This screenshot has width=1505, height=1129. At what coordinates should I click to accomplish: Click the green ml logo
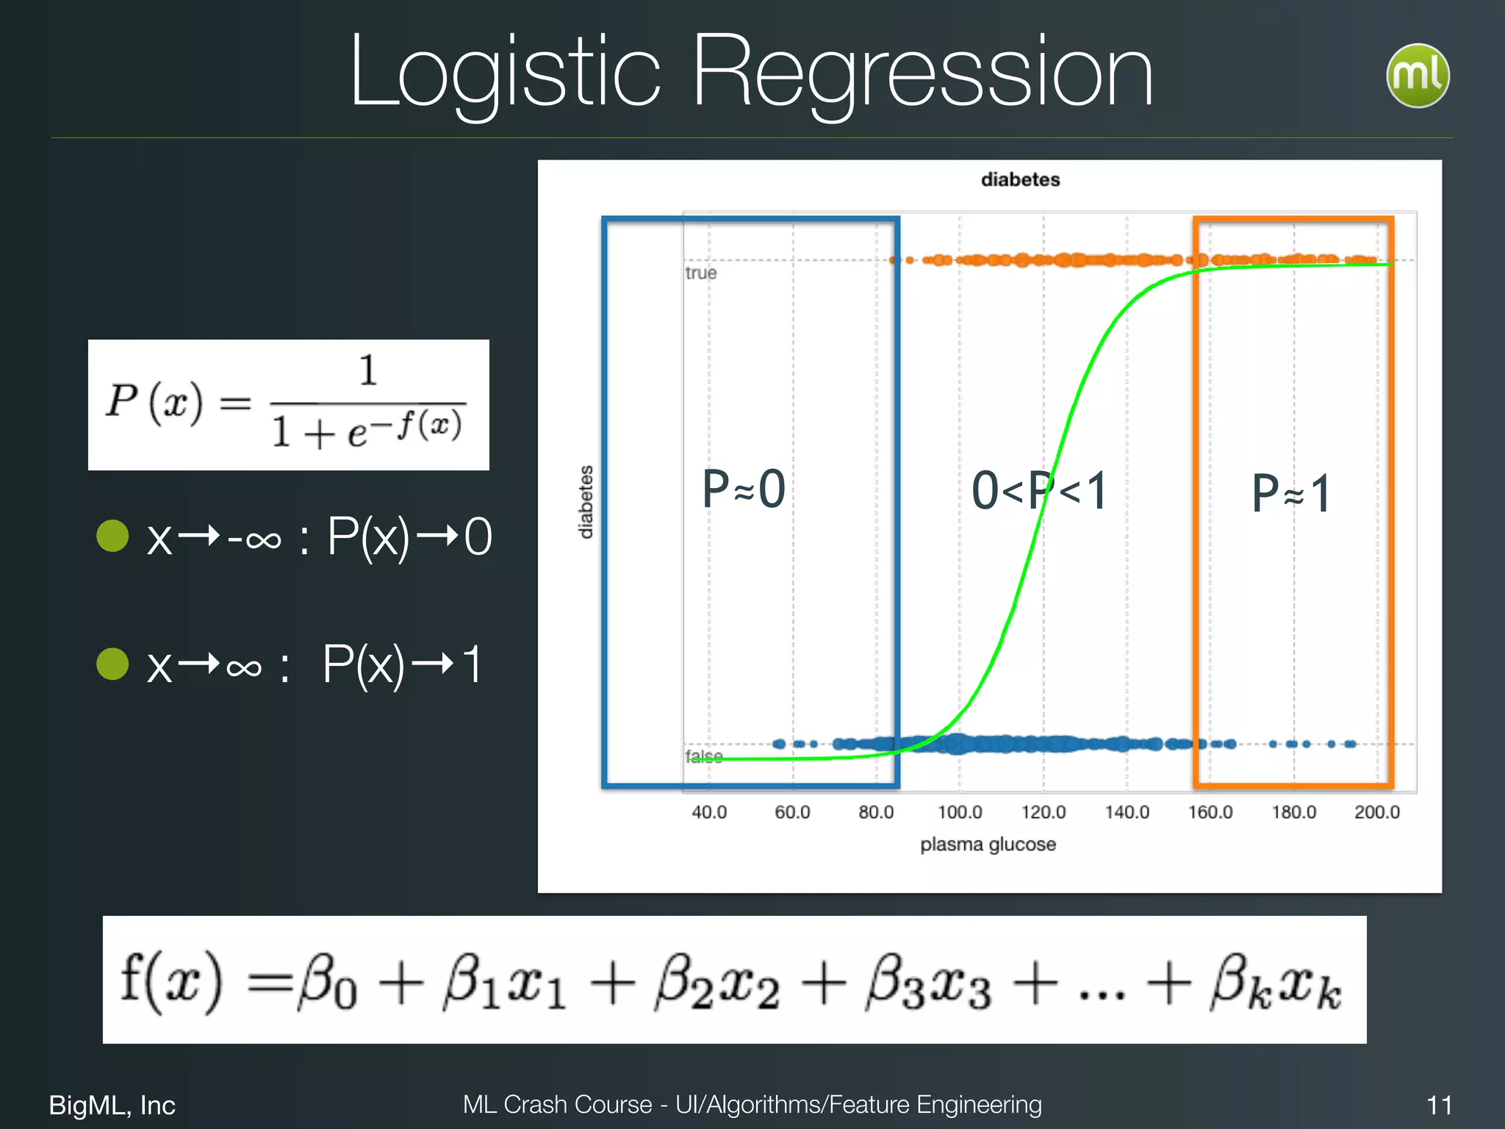(1418, 76)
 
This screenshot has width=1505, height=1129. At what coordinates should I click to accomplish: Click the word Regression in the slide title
(922, 74)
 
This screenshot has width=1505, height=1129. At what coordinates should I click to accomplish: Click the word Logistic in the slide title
(506, 74)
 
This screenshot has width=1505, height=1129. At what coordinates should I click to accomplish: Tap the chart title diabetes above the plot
(1020, 179)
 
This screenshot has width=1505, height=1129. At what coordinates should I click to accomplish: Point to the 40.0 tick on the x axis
(709, 812)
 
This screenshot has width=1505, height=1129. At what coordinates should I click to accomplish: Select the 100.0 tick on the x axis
(960, 812)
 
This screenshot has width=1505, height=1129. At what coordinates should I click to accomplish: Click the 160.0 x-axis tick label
(1210, 812)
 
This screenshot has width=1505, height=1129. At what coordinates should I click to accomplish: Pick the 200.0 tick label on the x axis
(1377, 812)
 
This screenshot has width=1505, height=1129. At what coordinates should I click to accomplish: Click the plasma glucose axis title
(988, 845)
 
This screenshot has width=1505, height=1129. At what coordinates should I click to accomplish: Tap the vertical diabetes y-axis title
(586, 502)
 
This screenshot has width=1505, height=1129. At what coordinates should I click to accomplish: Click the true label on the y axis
(700, 273)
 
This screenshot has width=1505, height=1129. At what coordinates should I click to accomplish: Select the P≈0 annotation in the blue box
(744, 489)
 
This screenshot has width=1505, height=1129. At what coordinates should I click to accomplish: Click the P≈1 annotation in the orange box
(1291, 493)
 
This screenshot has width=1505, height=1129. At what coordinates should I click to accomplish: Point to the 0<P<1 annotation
(1039, 491)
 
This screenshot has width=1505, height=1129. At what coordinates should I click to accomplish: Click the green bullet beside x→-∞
(113, 536)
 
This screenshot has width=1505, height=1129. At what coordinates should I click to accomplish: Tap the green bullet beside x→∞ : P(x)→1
(113, 664)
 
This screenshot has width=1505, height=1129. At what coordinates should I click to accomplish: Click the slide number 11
(1439, 1105)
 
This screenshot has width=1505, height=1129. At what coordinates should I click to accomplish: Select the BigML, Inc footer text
(112, 1105)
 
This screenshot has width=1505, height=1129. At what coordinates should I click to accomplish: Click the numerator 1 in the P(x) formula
(367, 370)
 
